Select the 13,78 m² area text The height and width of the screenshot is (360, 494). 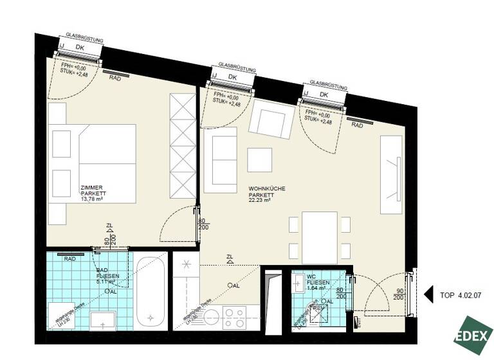(x=92, y=199)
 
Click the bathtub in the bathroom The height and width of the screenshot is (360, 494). (x=150, y=292)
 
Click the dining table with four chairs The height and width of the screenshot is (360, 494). (x=320, y=237)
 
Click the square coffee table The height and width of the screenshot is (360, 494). (x=261, y=160)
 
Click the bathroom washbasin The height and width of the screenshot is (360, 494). (x=104, y=319)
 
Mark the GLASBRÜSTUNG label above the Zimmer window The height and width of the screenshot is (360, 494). (x=84, y=38)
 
